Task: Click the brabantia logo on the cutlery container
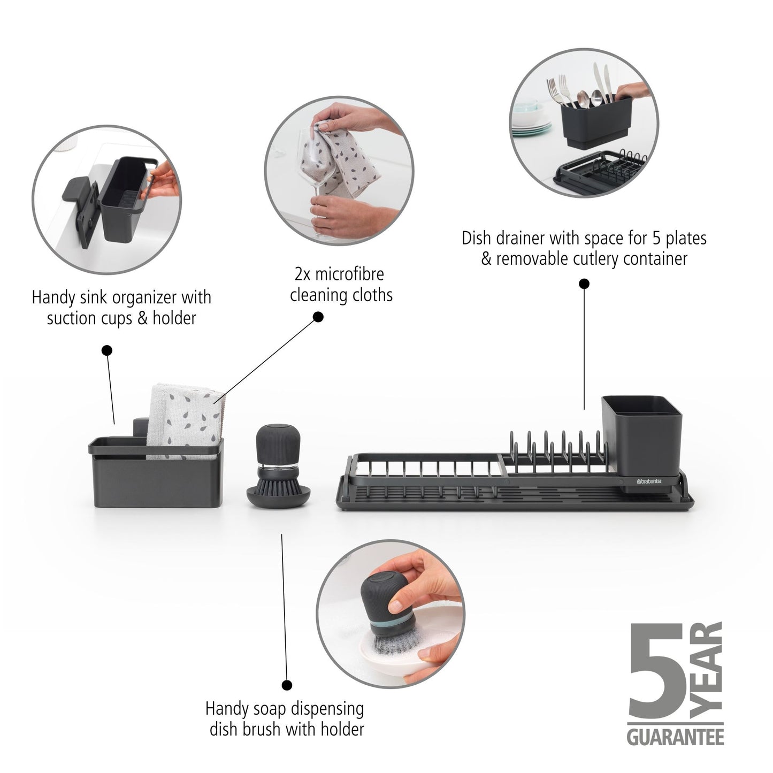point(648,481)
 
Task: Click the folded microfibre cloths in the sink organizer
point(185,423)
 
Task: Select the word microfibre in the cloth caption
point(349,274)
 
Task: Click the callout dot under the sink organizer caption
point(107,350)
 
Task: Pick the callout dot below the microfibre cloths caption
point(318,317)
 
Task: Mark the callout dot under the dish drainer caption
point(584,283)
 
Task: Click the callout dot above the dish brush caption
point(287,685)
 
